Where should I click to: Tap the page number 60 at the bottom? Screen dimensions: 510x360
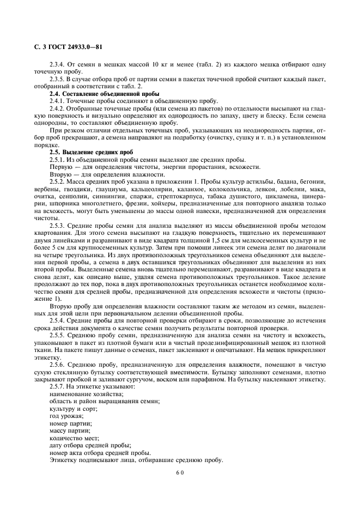(180, 473)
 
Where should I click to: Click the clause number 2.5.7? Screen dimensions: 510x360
(57, 386)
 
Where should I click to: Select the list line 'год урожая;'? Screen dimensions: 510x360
(66, 415)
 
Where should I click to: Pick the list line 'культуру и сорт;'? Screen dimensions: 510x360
(73, 408)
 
